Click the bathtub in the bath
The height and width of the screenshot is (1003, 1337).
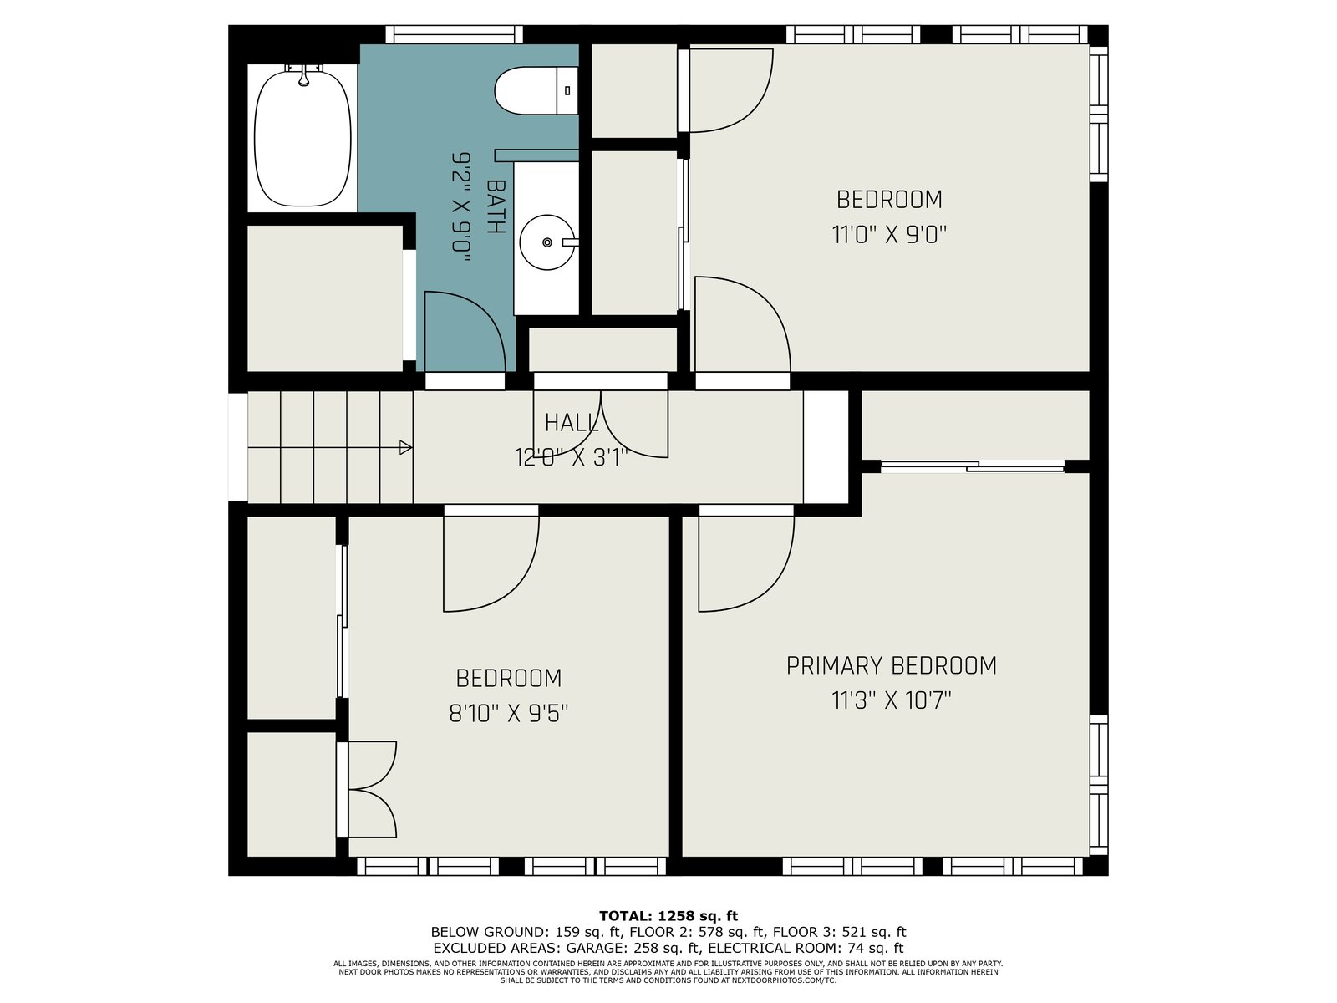pos(302,138)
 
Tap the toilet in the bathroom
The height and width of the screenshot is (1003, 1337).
pos(536,91)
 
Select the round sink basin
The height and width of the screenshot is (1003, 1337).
pos(547,242)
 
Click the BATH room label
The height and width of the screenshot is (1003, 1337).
pos(496,207)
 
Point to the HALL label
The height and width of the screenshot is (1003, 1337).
pos(571,423)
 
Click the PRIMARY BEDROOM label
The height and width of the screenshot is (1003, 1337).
pos(891,665)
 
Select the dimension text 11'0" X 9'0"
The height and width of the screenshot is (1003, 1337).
pos(889,235)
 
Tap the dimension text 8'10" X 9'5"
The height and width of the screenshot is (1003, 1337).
pos(509,712)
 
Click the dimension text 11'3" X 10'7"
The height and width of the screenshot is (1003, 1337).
pos(891,700)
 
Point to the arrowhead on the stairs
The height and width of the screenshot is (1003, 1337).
pos(405,448)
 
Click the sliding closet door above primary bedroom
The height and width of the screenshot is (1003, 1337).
pos(973,467)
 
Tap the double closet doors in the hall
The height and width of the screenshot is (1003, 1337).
pos(601,425)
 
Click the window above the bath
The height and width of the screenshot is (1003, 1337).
pos(455,34)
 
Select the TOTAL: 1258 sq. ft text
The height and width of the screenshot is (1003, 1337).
pos(668,915)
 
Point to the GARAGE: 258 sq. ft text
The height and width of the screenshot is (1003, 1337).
pos(633,948)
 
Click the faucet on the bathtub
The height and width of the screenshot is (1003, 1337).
pos(303,75)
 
